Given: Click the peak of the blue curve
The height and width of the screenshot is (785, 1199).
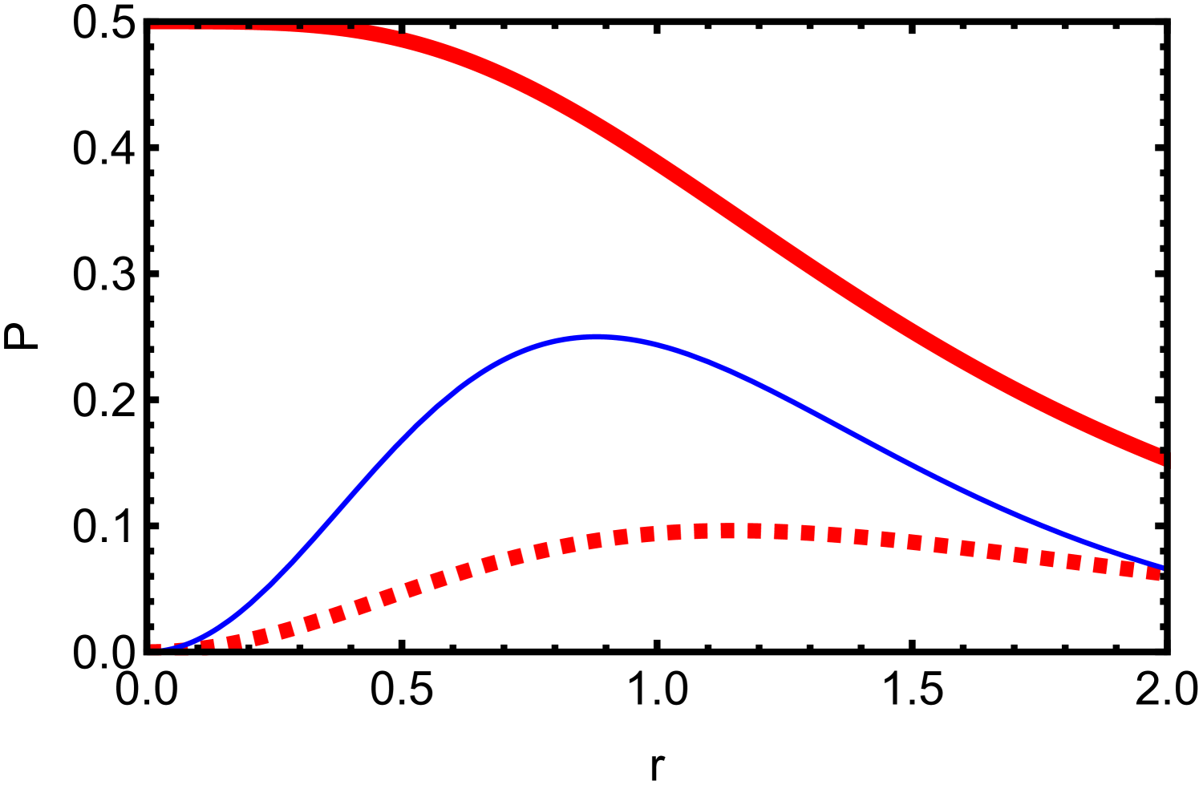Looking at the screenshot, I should pos(595,338).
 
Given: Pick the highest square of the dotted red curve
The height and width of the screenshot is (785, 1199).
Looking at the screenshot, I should pos(727,530).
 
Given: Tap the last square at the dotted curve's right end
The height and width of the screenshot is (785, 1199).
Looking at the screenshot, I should pos(1152,573).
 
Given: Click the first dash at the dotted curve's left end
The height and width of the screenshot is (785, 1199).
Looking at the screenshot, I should pos(156,647).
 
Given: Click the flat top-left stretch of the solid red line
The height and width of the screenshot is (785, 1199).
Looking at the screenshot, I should pos(241,27).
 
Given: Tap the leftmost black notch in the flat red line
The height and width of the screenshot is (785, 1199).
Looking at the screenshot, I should pos(198,26).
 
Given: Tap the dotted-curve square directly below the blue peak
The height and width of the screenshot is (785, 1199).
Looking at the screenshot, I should pos(594,541).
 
